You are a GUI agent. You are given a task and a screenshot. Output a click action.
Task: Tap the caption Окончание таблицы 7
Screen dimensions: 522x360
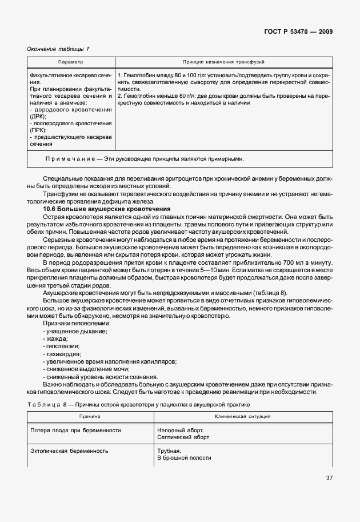tap(58, 49)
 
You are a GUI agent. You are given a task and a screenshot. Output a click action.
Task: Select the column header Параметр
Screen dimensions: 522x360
tap(71, 62)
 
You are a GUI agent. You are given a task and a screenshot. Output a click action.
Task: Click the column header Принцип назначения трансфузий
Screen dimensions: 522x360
tap(223, 62)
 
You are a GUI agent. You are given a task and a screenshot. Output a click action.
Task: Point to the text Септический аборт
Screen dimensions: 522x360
tap(183, 437)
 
